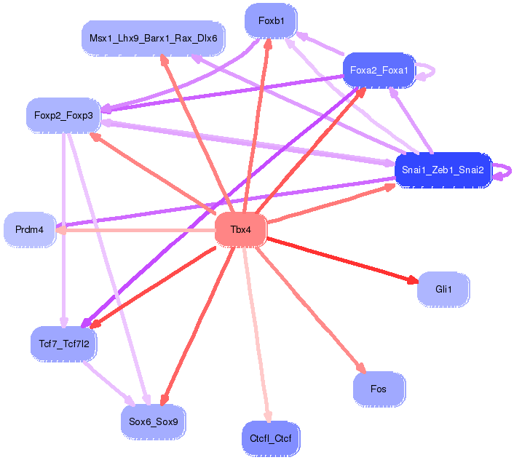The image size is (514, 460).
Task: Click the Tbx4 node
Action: point(240,229)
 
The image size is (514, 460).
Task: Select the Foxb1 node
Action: point(271,21)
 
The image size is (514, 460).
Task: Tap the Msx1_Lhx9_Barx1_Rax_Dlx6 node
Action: point(153,39)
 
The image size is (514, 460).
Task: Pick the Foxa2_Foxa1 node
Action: point(379,70)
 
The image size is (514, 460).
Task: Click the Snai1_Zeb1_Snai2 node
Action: point(443,170)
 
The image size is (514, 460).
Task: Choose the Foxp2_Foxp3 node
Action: point(63,115)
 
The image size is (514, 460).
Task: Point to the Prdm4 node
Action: point(30,229)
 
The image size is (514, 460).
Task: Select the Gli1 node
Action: point(443,289)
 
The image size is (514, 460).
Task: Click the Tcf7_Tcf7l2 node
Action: point(64,344)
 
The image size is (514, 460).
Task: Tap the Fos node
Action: point(379,389)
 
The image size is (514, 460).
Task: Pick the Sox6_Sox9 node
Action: point(154,421)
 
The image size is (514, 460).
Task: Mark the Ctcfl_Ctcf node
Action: point(271,438)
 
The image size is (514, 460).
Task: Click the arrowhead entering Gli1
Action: point(413,280)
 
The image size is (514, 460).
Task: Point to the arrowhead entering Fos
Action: point(361,368)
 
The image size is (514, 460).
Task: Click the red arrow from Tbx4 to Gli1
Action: point(343,261)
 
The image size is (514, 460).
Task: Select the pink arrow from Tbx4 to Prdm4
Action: point(135,230)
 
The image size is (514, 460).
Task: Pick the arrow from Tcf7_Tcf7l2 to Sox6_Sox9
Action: point(108,384)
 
